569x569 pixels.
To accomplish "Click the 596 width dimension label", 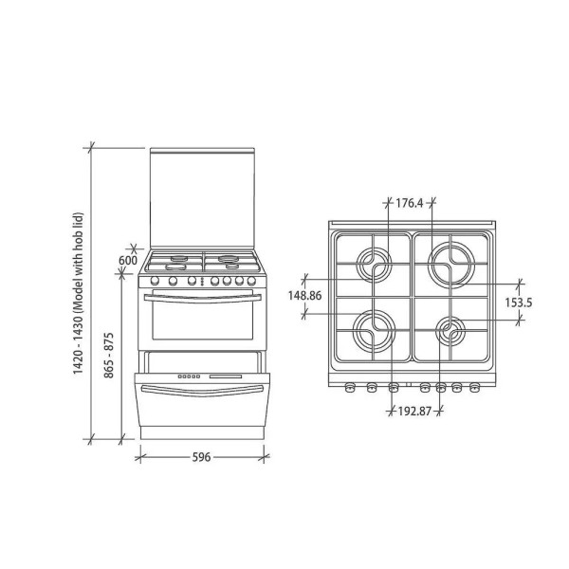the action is click(201, 457).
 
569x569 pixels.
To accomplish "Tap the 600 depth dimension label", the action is click(128, 260).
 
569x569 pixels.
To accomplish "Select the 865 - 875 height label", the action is click(109, 356).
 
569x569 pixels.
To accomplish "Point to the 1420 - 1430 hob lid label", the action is click(79, 293).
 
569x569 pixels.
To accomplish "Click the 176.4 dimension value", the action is click(410, 203).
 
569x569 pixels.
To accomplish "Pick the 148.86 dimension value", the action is click(304, 295).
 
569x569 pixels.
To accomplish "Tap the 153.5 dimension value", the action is click(519, 303).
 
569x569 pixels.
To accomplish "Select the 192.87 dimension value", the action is click(414, 412).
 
